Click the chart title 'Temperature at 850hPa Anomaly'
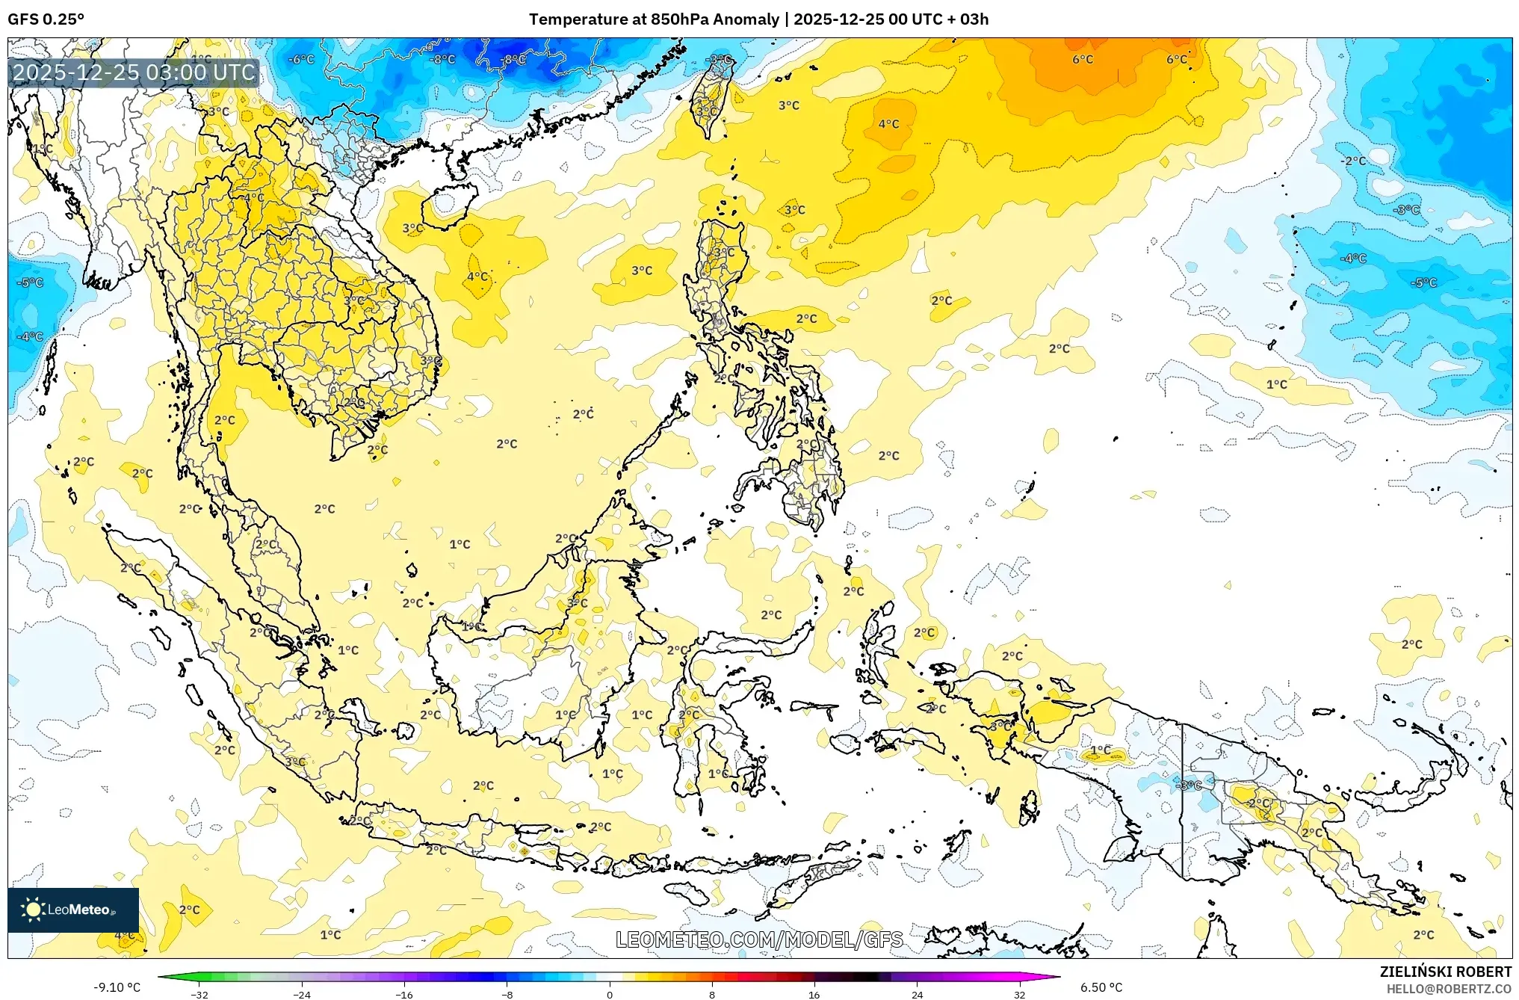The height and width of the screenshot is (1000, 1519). coord(654,19)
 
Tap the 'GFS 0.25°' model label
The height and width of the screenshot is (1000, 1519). coord(46,19)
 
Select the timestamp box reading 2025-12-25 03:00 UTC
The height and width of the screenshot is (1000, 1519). coord(134,72)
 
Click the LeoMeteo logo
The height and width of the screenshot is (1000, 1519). coord(73,910)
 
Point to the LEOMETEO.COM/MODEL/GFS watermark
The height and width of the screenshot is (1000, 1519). coord(759,939)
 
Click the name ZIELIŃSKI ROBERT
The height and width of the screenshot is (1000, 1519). coord(1445,972)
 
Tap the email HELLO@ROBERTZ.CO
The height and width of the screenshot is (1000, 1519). coord(1449,989)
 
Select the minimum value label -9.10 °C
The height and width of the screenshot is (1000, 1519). coord(117,987)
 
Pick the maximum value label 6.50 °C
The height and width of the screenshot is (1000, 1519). coord(1101,987)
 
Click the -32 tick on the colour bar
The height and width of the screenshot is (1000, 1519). coord(199,995)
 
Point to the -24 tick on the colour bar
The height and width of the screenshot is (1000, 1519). coord(302,995)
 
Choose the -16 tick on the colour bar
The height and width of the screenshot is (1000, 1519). coord(404,995)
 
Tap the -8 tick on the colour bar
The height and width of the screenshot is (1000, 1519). coord(507,995)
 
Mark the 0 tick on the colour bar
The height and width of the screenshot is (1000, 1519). coord(610,995)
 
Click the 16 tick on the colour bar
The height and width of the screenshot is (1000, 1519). coord(814,995)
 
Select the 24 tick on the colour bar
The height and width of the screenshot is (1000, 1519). coord(917,995)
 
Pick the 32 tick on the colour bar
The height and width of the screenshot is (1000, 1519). coord(1019,995)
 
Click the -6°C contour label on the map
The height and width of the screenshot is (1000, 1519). coord(302,59)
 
